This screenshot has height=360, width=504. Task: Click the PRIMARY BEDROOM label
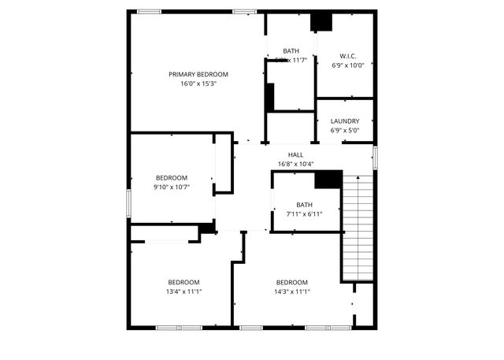pos(192,74)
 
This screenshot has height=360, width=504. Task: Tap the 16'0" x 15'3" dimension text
pos(192,83)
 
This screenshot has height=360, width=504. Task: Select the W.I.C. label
pos(348,56)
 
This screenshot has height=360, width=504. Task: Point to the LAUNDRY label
pos(345,121)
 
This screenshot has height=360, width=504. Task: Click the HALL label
pos(295,154)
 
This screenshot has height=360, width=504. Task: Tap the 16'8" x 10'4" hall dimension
pos(295,164)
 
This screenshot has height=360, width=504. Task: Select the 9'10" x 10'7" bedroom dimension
pos(172,187)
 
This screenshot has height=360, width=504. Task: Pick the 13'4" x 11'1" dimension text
pos(183,291)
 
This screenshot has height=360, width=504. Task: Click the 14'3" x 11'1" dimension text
pos(291,291)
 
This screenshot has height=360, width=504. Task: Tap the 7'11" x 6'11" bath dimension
pos(304,213)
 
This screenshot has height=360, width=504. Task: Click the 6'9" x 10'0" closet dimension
pos(348,65)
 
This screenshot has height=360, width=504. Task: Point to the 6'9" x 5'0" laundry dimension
pos(345,131)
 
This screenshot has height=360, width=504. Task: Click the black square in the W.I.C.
pos(321,23)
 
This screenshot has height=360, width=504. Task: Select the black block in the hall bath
pos(328,180)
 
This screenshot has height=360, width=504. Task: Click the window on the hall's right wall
pos(375,156)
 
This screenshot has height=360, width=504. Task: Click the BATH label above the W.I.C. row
pos(291,50)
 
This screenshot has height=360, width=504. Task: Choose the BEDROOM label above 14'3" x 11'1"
pos(291,282)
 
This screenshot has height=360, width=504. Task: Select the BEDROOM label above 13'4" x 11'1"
pos(183,282)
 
